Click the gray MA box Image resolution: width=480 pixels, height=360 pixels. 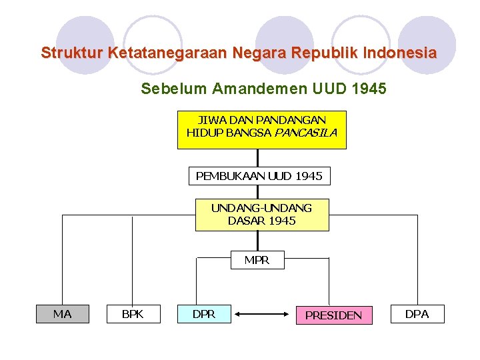coord(62,313)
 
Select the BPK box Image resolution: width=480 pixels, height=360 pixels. coord(133,313)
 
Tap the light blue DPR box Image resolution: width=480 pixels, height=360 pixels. coord(204,313)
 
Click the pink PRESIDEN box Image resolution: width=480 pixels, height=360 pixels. coord(333,315)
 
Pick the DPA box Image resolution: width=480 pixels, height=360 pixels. coord(417,313)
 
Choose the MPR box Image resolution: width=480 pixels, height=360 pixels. coord(257,260)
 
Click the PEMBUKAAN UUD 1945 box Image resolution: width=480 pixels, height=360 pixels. coord(259,176)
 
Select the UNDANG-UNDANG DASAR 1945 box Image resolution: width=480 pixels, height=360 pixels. coord(261,214)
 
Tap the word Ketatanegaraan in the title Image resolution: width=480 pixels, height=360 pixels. coord(160,53)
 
